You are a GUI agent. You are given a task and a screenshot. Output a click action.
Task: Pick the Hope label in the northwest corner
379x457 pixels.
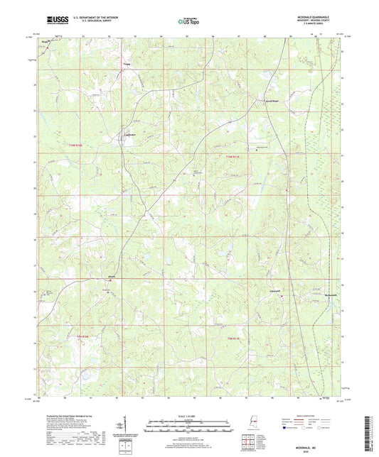46,43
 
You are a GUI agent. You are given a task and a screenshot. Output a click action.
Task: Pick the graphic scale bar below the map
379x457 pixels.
188,426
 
